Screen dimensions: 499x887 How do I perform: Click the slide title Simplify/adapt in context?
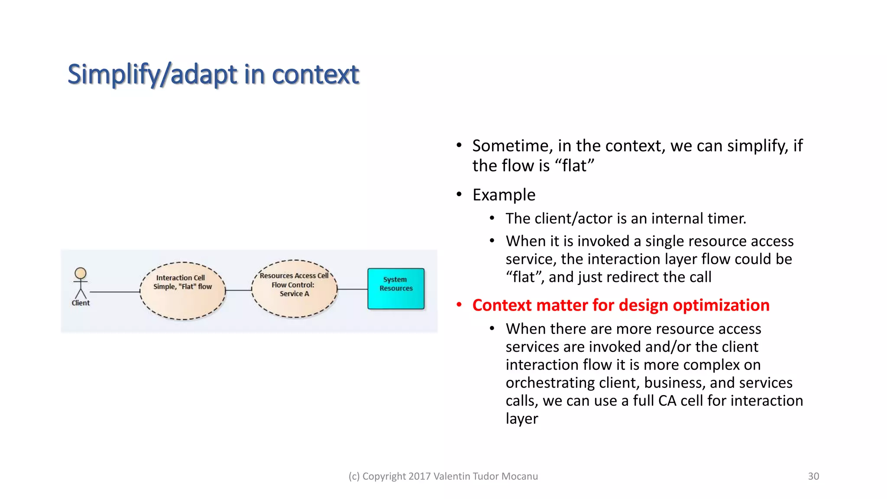[213, 74]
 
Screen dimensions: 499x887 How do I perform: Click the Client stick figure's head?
[81, 273]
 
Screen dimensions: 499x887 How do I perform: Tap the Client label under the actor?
[81, 303]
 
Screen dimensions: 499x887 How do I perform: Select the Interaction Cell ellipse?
[182, 303]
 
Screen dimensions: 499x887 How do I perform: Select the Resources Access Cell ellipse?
[295, 306]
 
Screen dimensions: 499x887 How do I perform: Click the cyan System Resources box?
[396, 298]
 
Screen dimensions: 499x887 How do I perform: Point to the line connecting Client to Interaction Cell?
[114, 292]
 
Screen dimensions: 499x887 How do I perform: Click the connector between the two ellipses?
[239, 290]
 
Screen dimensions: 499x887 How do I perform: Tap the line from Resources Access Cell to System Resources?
[352, 289]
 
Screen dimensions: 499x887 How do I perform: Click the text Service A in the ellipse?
[295, 294]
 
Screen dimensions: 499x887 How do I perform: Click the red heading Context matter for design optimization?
[621, 305]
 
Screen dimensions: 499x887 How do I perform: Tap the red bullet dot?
[459, 305]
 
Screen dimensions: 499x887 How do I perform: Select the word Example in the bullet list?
[504, 195]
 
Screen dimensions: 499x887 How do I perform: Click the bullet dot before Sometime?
[459, 146]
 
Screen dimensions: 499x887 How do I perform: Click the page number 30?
[813, 476]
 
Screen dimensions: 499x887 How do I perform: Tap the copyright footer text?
[443, 476]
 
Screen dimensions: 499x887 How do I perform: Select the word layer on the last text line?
[521, 419]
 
